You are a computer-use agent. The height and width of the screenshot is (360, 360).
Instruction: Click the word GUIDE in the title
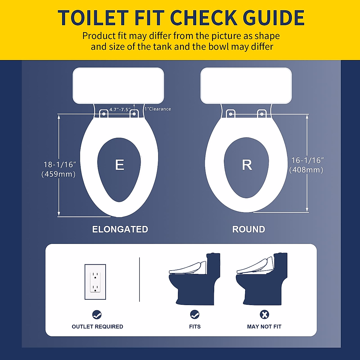pyautogui.click(x=274, y=18)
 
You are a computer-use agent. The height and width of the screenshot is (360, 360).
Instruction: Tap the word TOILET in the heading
pyautogui.click(x=93, y=18)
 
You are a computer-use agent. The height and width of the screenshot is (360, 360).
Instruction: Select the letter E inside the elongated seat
pyautogui.click(x=119, y=165)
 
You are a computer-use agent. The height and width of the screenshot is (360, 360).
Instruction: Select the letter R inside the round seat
pyautogui.click(x=247, y=165)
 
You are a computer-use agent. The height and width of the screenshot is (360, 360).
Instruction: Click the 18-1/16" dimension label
pyautogui.click(x=60, y=165)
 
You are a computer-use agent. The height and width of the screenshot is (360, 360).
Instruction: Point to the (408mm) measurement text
pyautogui.click(x=306, y=170)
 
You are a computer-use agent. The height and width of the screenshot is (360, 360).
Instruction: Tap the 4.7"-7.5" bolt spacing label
pyautogui.click(x=119, y=109)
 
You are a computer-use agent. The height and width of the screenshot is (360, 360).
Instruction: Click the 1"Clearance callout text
pyautogui.click(x=158, y=109)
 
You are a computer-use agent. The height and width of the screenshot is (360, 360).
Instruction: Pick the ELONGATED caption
pyautogui.click(x=120, y=229)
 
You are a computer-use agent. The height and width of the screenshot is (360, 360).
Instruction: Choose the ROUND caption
pyautogui.click(x=249, y=229)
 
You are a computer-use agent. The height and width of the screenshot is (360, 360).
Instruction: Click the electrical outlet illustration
pyautogui.click(x=95, y=282)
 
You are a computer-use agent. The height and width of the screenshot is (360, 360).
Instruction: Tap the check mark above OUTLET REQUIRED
pyautogui.click(x=97, y=315)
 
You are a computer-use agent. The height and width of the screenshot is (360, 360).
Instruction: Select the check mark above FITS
pyautogui.click(x=195, y=315)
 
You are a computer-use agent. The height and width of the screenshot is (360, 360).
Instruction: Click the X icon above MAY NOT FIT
pyautogui.click(x=264, y=315)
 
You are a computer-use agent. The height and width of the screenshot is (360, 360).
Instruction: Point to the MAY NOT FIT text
pyautogui.click(x=264, y=327)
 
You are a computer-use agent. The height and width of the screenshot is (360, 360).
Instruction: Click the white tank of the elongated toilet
pyautogui.click(x=118, y=85)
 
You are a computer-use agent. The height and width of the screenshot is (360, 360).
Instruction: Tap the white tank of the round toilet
pyautogui.click(x=246, y=85)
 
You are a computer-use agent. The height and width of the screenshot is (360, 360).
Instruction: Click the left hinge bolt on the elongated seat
pyautogui.click(x=104, y=114)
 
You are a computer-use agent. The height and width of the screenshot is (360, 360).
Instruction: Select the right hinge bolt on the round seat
pyautogui.click(x=262, y=114)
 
